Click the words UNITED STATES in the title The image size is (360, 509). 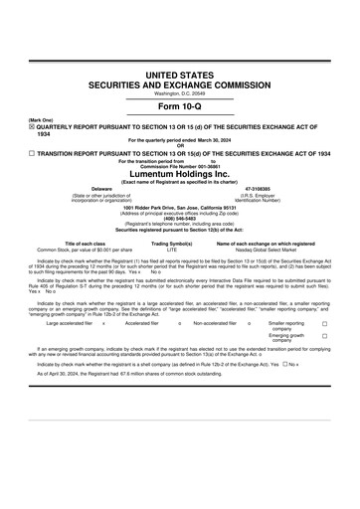pos(179,76)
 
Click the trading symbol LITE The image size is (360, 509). pos(171,250)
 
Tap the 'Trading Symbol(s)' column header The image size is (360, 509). pos(171,244)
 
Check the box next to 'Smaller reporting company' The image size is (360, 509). pos(324,324)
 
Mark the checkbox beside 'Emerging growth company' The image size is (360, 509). pos(324,336)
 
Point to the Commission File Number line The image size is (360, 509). pos(179,166)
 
